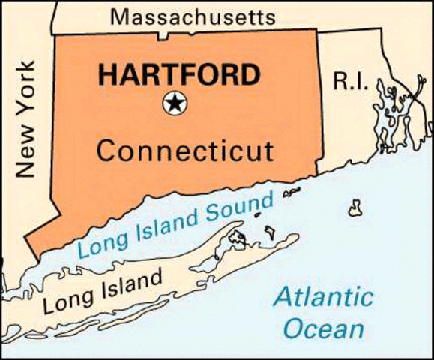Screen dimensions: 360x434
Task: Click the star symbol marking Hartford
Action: (175, 104)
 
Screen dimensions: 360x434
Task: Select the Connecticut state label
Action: (185, 151)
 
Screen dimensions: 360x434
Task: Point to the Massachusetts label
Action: (193, 16)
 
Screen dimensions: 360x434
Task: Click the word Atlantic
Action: (323, 297)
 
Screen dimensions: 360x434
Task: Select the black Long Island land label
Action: (103, 292)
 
